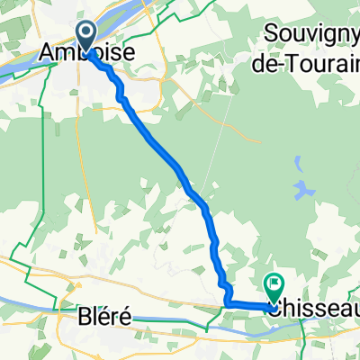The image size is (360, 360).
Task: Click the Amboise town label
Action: pyautogui.click(x=90, y=56)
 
